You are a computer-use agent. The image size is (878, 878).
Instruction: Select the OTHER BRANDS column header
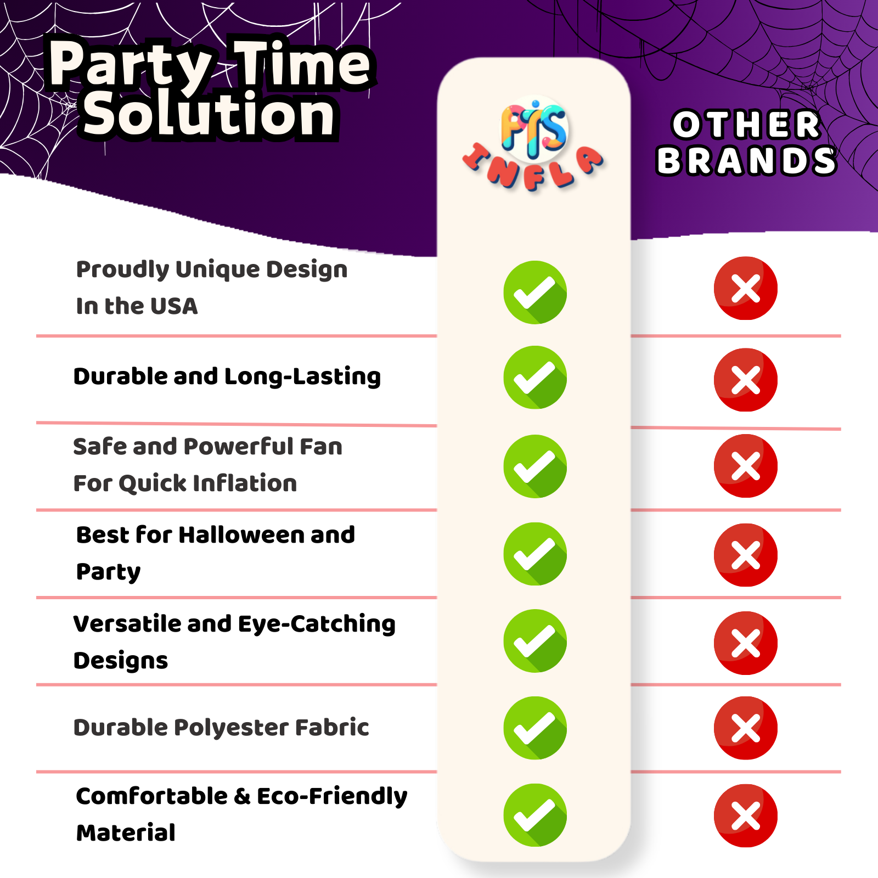point(746,143)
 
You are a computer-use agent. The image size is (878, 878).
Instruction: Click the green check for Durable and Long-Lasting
point(535,378)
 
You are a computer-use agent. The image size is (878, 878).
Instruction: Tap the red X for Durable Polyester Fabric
point(745,728)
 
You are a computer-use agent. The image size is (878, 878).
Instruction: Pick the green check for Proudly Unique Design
point(535,292)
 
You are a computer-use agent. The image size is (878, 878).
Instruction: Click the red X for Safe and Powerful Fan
point(745,466)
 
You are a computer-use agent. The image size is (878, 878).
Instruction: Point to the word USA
point(174,306)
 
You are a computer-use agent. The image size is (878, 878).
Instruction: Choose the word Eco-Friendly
point(332,797)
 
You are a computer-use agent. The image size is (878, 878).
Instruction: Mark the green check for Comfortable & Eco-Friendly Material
point(535,815)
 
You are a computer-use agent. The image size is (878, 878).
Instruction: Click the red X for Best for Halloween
point(745,555)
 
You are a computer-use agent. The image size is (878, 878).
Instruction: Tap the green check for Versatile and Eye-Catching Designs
point(535,641)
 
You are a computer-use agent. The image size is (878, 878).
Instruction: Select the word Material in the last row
point(126,833)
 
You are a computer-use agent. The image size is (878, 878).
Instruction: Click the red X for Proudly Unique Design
point(745,288)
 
